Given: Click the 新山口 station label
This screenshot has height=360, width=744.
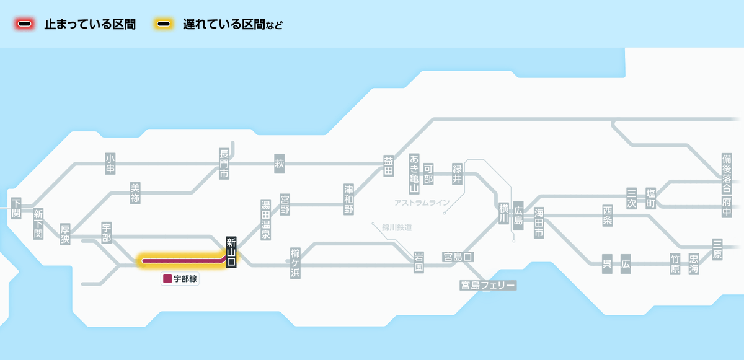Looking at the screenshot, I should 231,252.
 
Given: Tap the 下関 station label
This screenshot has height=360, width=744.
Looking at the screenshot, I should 16,208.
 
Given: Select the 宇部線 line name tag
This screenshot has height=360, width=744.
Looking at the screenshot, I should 180,279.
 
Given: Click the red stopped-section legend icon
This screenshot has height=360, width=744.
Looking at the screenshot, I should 25,24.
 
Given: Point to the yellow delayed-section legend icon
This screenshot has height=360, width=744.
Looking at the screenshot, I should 164,24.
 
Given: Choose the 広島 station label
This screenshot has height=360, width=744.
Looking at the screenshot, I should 518,216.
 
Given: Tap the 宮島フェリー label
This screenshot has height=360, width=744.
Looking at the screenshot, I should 487,285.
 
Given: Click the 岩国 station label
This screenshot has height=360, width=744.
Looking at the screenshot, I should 418,263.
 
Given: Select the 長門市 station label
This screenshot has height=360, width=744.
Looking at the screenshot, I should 224,164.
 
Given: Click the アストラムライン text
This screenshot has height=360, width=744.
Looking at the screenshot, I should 422,203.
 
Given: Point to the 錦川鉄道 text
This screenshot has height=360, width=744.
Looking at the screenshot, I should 397,227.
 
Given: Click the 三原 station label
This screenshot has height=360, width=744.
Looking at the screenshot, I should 717,249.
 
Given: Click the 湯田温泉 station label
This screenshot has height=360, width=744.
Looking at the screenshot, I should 265,220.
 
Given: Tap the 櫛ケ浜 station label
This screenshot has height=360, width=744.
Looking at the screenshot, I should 295,263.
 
